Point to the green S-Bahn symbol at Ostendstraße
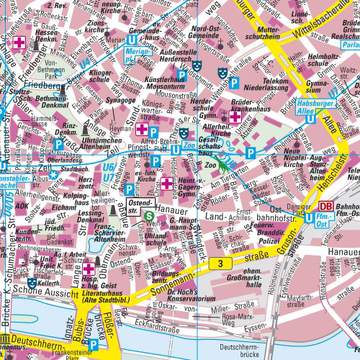click(x=149, y=215)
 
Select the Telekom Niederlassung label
click(x=272, y=90)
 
